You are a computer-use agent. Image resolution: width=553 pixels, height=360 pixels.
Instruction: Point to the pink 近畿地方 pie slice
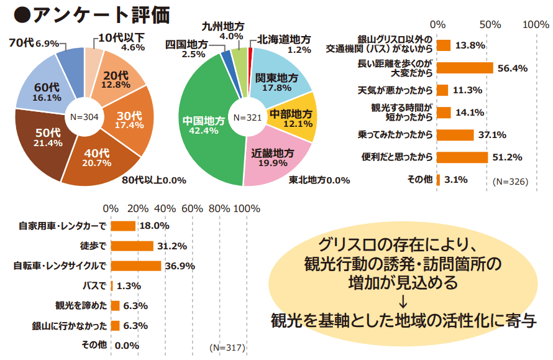point(273,158)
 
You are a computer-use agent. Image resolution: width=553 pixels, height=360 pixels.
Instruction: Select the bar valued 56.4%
point(465,67)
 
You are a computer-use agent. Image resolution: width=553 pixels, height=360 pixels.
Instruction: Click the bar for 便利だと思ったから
point(462,157)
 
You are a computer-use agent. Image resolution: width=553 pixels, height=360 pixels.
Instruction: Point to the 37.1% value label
point(493,134)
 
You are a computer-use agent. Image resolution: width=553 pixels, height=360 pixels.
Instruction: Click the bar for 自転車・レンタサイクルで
point(135,265)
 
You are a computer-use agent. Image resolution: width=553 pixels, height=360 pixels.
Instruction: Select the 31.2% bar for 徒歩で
point(132,246)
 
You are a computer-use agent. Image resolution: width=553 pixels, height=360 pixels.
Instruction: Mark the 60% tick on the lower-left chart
point(193,208)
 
